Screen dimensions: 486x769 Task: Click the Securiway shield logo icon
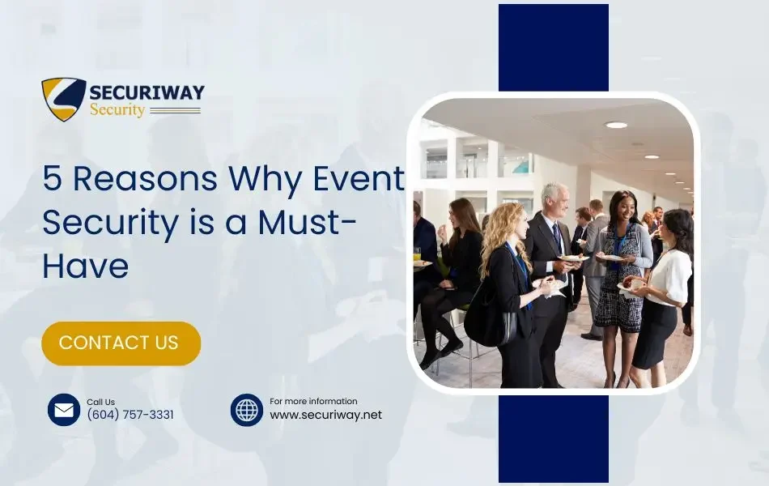point(64,99)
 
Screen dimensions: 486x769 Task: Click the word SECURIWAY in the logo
point(147,92)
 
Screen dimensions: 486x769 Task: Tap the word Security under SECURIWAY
point(117,110)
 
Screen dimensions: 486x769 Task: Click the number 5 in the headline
point(52,179)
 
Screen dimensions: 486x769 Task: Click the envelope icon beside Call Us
point(64,410)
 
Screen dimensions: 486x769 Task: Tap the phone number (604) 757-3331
point(130,415)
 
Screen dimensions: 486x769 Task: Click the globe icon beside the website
point(247,410)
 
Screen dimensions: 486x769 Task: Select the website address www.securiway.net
point(325,415)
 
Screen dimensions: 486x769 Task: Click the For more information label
point(313,401)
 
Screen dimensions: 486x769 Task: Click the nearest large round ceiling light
point(616,125)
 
